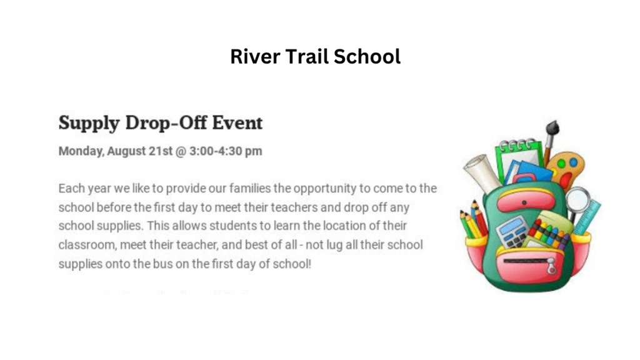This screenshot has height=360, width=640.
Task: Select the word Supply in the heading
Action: point(89,123)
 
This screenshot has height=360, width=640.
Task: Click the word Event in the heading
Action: point(237,122)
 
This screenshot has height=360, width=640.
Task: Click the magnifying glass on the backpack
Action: point(577,198)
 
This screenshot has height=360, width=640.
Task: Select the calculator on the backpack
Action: point(512,231)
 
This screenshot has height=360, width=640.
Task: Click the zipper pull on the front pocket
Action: point(551,267)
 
